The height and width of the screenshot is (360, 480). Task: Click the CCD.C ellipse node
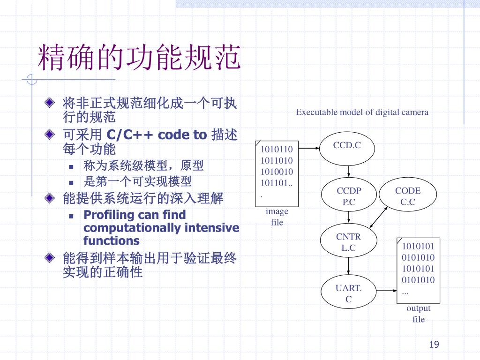(347, 149)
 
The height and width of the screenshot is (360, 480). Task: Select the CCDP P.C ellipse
(349, 195)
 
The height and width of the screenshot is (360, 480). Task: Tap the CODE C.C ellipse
(408, 195)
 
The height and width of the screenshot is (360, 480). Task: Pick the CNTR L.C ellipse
(348, 240)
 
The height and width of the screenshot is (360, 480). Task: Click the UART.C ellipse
(348, 292)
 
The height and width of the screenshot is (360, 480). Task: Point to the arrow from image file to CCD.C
(309, 148)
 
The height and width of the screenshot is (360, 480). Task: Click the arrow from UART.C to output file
(387, 291)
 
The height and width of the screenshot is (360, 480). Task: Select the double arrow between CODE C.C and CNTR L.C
(379, 217)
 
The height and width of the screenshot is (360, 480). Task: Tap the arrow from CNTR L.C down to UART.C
(348, 266)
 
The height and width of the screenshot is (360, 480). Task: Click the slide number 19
(434, 345)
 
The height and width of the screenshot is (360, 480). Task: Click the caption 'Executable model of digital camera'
(362, 112)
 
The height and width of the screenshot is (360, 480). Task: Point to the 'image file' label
(277, 217)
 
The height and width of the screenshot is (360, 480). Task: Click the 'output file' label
(419, 314)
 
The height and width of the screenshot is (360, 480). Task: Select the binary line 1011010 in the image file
(277, 160)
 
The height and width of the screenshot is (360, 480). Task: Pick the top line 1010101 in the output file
(418, 246)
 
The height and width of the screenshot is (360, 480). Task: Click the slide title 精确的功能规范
(139, 57)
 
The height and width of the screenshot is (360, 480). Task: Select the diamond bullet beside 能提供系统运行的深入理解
(50, 198)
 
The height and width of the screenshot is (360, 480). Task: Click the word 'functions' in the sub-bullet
(112, 240)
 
